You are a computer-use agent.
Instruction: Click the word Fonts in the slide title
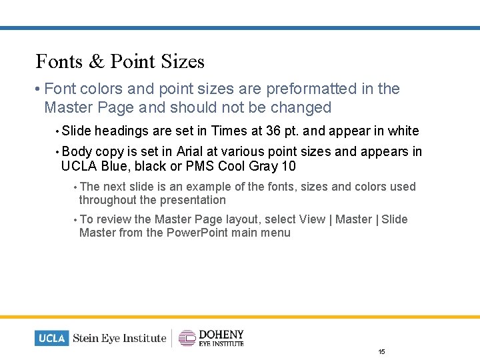(x=59, y=62)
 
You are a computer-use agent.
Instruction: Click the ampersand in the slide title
(x=97, y=62)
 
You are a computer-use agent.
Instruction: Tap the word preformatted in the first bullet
(x=311, y=89)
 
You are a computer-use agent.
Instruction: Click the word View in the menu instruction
(x=312, y=219)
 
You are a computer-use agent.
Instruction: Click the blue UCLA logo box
(x=51, y=338)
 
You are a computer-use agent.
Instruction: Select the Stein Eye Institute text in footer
(x=119, y=338)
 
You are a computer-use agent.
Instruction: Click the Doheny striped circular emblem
(x=187, y=338)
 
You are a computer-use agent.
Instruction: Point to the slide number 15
(x=381, y=351)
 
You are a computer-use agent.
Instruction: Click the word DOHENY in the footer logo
(x=221, y=334)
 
